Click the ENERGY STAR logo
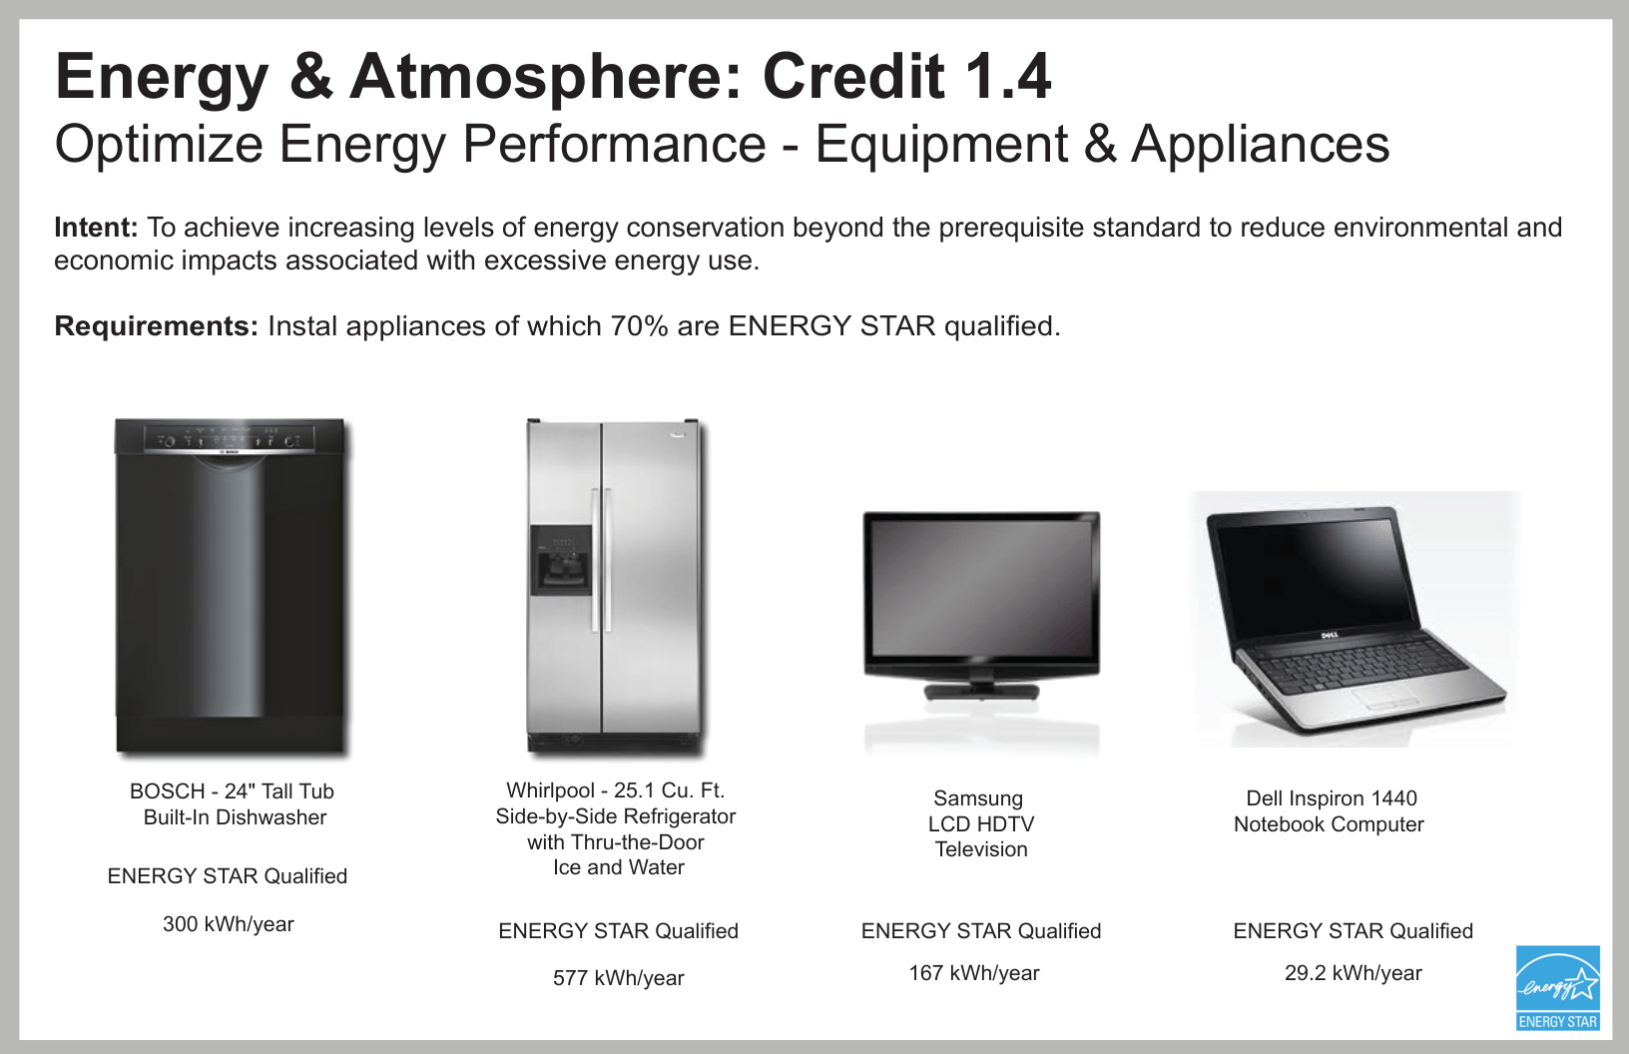point(1558,988)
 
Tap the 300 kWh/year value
point(229,924)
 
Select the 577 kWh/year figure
point(618,978)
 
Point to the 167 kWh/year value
point(974,973)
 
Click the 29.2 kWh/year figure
point(1353,973)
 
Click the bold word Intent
point(96,228)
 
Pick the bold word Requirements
point(157,326)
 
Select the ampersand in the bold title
point(311,77)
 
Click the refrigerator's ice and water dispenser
point(561,561)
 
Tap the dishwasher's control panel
point(230,439)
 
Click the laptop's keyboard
point(1359,667)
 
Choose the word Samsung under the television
point(978,799)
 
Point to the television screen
point(981,587)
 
